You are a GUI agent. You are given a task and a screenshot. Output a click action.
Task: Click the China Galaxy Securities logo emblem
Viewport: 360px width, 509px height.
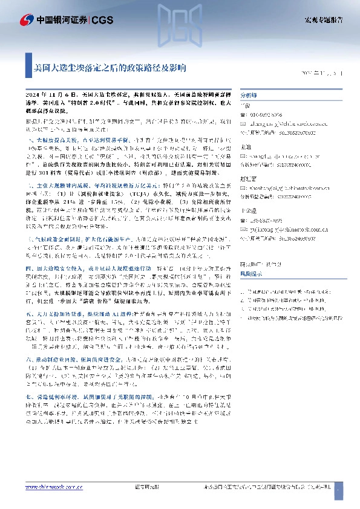(26, 19)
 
